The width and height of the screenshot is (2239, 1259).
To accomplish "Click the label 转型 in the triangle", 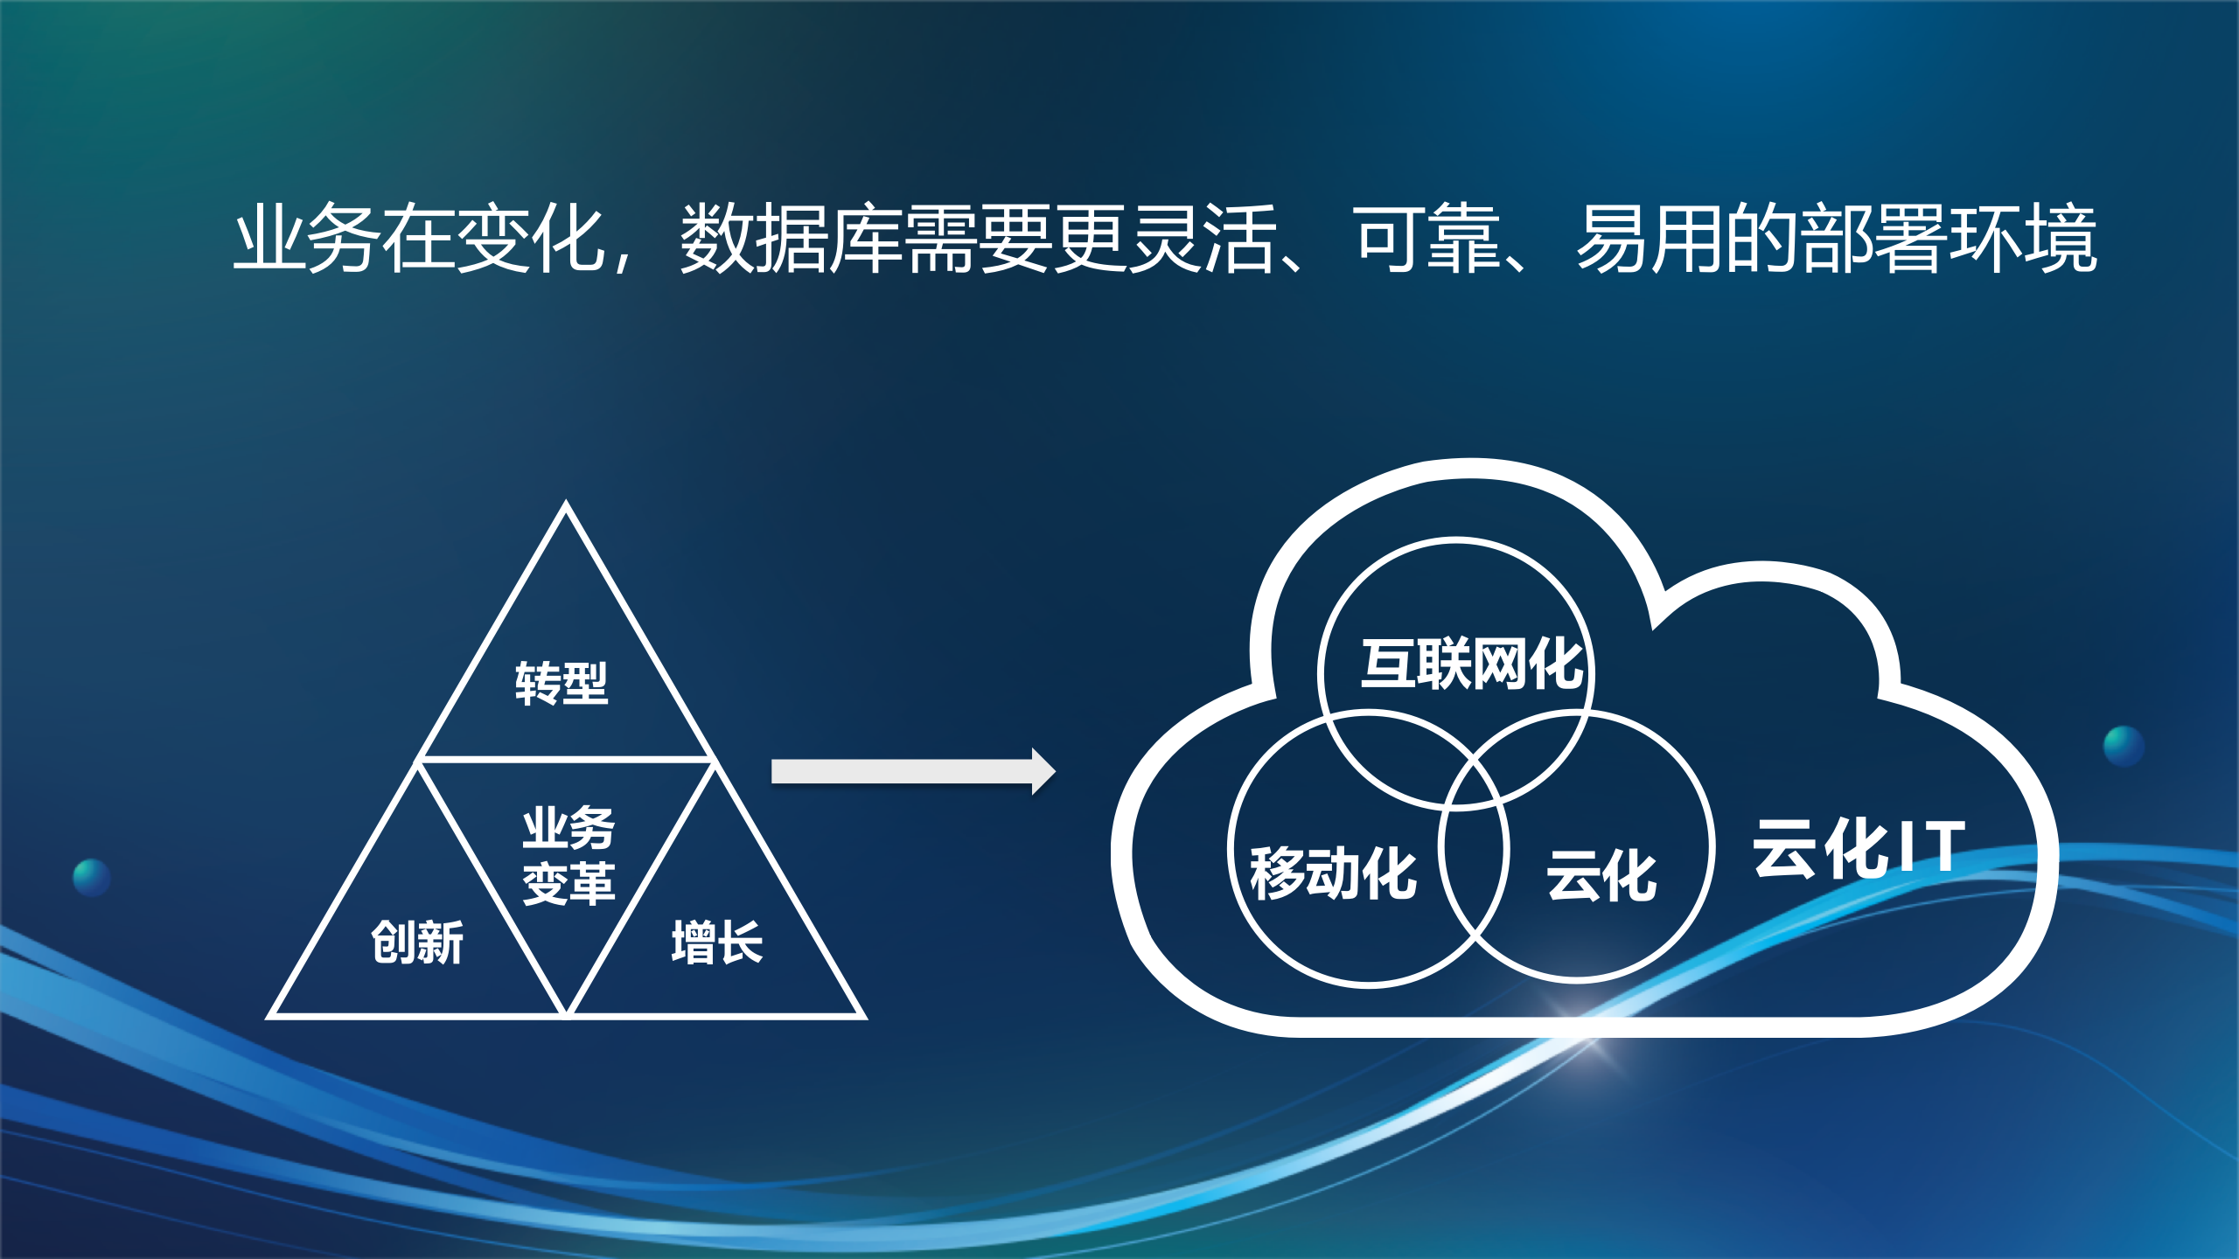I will [561, 683].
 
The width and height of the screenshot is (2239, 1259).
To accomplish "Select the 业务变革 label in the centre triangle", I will [568, 855].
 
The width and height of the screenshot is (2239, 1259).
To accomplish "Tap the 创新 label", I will [417, 943].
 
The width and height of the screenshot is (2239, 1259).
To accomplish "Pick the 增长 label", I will [717, 943].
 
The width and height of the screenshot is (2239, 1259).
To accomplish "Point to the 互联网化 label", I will [1472, 664].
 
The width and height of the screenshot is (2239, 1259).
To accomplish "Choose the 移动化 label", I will [1333, 873].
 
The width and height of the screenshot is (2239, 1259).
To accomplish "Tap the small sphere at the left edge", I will [91, 877].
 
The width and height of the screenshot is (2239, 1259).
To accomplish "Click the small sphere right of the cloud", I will [2124, 746].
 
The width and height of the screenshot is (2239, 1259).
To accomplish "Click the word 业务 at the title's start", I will [307, 238].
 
